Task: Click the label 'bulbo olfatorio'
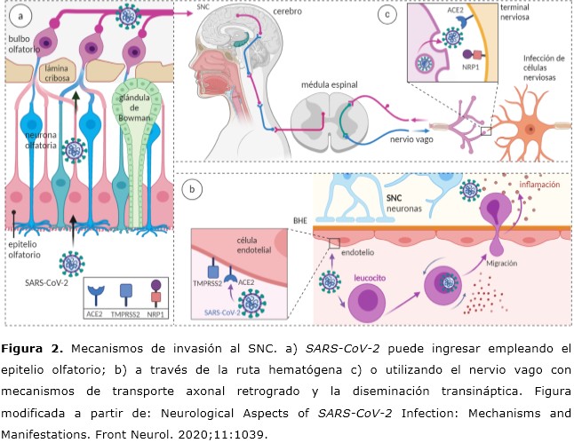(x=24, y=46)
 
